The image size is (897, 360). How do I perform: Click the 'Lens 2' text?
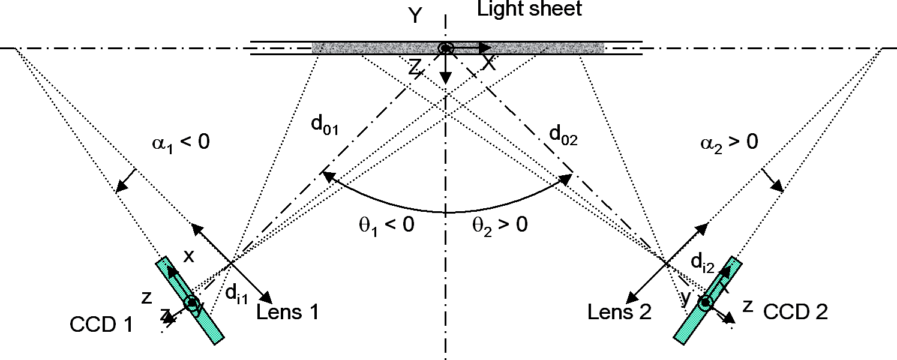[x=619, y=312]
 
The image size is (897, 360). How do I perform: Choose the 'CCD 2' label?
[x=796, y=312]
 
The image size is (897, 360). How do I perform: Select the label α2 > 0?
[x=728, y=143]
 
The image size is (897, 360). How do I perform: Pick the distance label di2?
[x=701, y=262]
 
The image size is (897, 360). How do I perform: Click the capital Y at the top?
[x=415, y=16]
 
